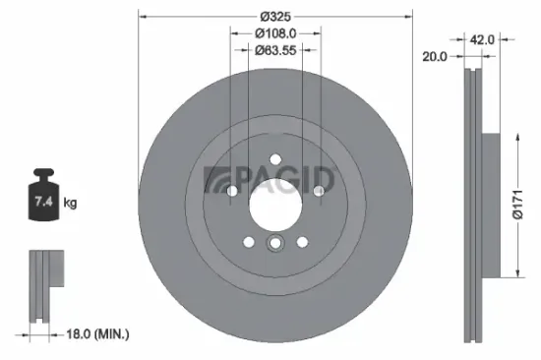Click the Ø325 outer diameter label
[x=272, y=17]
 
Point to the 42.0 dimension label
[x=481, y=41]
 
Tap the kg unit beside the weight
[x=70, y=204]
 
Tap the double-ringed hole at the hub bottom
[x=275, y=245]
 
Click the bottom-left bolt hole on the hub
[x=247, y=241]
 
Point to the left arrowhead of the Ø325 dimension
[x=142, y=17]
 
